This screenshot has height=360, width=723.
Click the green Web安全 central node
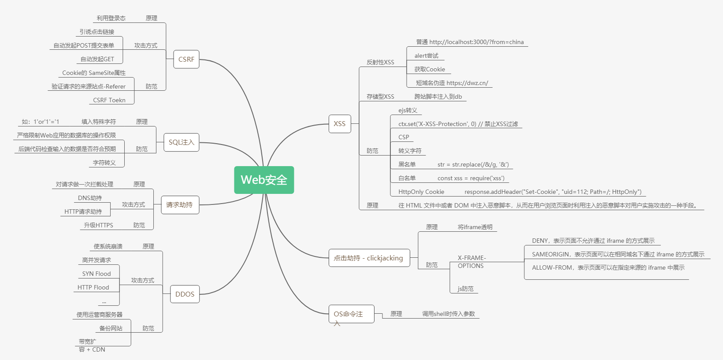(264, 180)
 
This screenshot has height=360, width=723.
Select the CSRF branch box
(186, 59)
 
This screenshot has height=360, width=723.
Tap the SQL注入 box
(181, 142)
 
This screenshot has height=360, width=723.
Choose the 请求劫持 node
(179, 205)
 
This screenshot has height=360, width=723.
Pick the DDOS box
(185, 294)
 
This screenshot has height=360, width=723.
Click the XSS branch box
(339, 124)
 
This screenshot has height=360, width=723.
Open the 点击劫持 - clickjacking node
(368, 258)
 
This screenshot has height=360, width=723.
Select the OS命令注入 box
(351, 314)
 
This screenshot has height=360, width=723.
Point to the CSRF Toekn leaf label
(109, 100)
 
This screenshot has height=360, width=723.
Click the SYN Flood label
(96, 274)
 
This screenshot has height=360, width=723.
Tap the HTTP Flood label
(93, 287)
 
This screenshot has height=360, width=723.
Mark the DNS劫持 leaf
(90, 198)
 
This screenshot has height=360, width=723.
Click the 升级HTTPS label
(99, 225)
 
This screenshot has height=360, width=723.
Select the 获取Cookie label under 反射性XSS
(430, 69)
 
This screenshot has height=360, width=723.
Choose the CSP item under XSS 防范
(404, 137)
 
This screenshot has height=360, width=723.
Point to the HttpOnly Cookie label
(421, 192)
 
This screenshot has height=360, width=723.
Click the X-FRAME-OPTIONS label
(471, 262)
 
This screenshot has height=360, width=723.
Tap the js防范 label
(465, 289)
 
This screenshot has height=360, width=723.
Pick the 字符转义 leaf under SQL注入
(104, 163)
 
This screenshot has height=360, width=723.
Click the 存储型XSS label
(380, 96)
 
